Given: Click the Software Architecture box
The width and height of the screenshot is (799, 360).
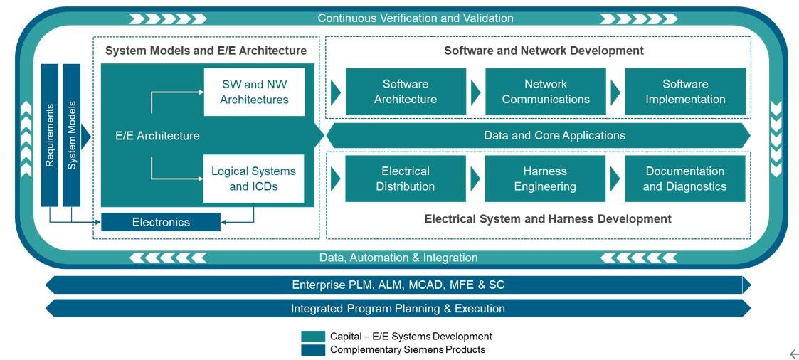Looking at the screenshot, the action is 406,92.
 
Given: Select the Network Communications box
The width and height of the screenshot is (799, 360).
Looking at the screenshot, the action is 545,92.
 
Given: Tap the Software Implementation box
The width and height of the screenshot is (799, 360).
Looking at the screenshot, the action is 685,92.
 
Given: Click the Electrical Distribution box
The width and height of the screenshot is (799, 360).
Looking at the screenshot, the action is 406,179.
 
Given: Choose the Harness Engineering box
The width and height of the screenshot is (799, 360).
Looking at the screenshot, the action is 545,179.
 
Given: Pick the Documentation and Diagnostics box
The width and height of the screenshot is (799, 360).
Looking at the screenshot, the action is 685,179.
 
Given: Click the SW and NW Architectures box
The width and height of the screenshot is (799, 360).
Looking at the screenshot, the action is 254,92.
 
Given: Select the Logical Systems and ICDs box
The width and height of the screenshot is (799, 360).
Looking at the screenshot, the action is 254,179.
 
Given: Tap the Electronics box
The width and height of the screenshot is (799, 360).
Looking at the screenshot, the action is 161,222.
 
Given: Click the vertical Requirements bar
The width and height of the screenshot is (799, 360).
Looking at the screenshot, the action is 49,135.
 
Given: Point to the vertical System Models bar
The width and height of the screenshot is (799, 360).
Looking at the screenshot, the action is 72,135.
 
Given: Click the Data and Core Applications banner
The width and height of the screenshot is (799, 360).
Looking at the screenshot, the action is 538,135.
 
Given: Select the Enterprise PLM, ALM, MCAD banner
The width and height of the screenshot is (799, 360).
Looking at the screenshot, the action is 398,285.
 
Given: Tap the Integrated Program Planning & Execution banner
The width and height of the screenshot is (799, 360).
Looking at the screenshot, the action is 398,308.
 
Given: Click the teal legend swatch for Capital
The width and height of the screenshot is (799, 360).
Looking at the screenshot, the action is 313,337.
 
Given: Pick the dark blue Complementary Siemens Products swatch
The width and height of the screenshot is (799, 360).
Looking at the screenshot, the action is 313,350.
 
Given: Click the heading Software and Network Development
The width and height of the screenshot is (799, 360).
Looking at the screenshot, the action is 544,51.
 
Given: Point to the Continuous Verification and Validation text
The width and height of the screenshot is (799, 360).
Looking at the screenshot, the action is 416,18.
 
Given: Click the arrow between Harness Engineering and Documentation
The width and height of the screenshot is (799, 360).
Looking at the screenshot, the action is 615,179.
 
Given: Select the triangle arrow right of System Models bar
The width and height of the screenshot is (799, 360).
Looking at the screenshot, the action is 85,136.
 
